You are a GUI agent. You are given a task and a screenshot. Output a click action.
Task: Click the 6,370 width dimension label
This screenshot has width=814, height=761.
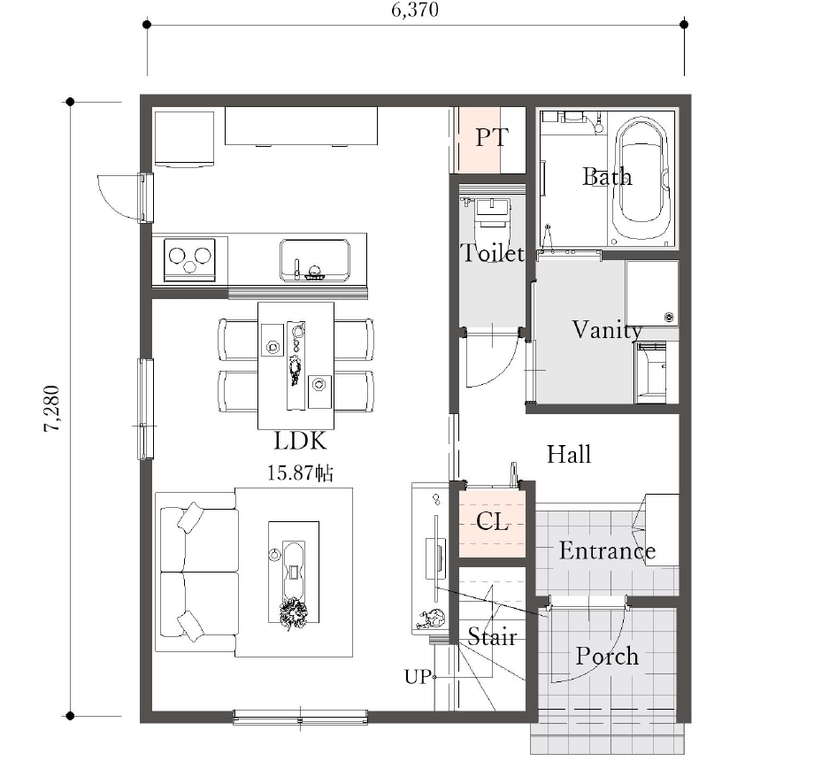415,10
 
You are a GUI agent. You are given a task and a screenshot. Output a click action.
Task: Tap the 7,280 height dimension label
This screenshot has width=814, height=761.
52,409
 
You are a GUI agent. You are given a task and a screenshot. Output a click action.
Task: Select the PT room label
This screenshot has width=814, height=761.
492,137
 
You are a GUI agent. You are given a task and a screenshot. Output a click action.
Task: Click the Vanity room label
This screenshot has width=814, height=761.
607,330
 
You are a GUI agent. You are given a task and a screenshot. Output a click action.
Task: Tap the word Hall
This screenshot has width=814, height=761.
569,455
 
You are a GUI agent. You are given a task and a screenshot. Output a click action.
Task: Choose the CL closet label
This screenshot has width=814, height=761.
492,522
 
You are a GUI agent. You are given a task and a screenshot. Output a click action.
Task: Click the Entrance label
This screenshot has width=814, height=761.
607,550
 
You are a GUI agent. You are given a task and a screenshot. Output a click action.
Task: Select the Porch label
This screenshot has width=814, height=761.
607,657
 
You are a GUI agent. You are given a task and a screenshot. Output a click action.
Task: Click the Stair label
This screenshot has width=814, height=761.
492,636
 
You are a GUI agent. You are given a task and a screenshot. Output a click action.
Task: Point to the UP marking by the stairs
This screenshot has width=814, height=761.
418,677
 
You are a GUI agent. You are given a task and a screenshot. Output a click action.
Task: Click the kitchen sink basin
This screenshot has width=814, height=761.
315,260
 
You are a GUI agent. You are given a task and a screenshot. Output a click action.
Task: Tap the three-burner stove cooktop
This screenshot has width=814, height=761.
189,260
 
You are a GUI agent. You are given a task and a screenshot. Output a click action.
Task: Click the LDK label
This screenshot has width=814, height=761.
301,442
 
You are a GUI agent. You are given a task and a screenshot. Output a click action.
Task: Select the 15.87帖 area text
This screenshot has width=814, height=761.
300,473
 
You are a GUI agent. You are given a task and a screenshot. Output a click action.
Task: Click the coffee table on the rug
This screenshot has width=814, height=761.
294,572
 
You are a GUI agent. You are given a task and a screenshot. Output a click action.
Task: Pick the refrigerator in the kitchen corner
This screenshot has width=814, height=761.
185,139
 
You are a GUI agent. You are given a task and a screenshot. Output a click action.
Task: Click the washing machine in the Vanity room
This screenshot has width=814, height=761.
652,294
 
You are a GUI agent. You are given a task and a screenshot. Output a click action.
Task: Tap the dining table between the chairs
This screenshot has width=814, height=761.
296,366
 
